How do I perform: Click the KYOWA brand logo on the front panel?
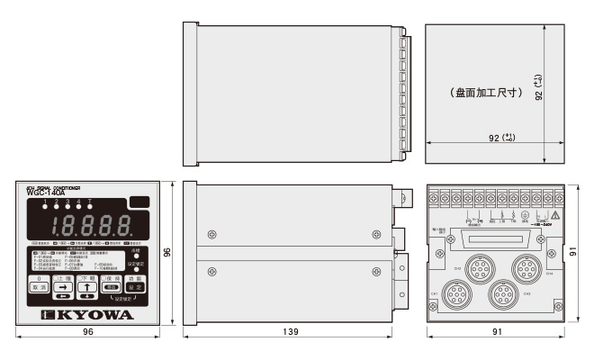87,316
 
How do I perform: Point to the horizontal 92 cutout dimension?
496,137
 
